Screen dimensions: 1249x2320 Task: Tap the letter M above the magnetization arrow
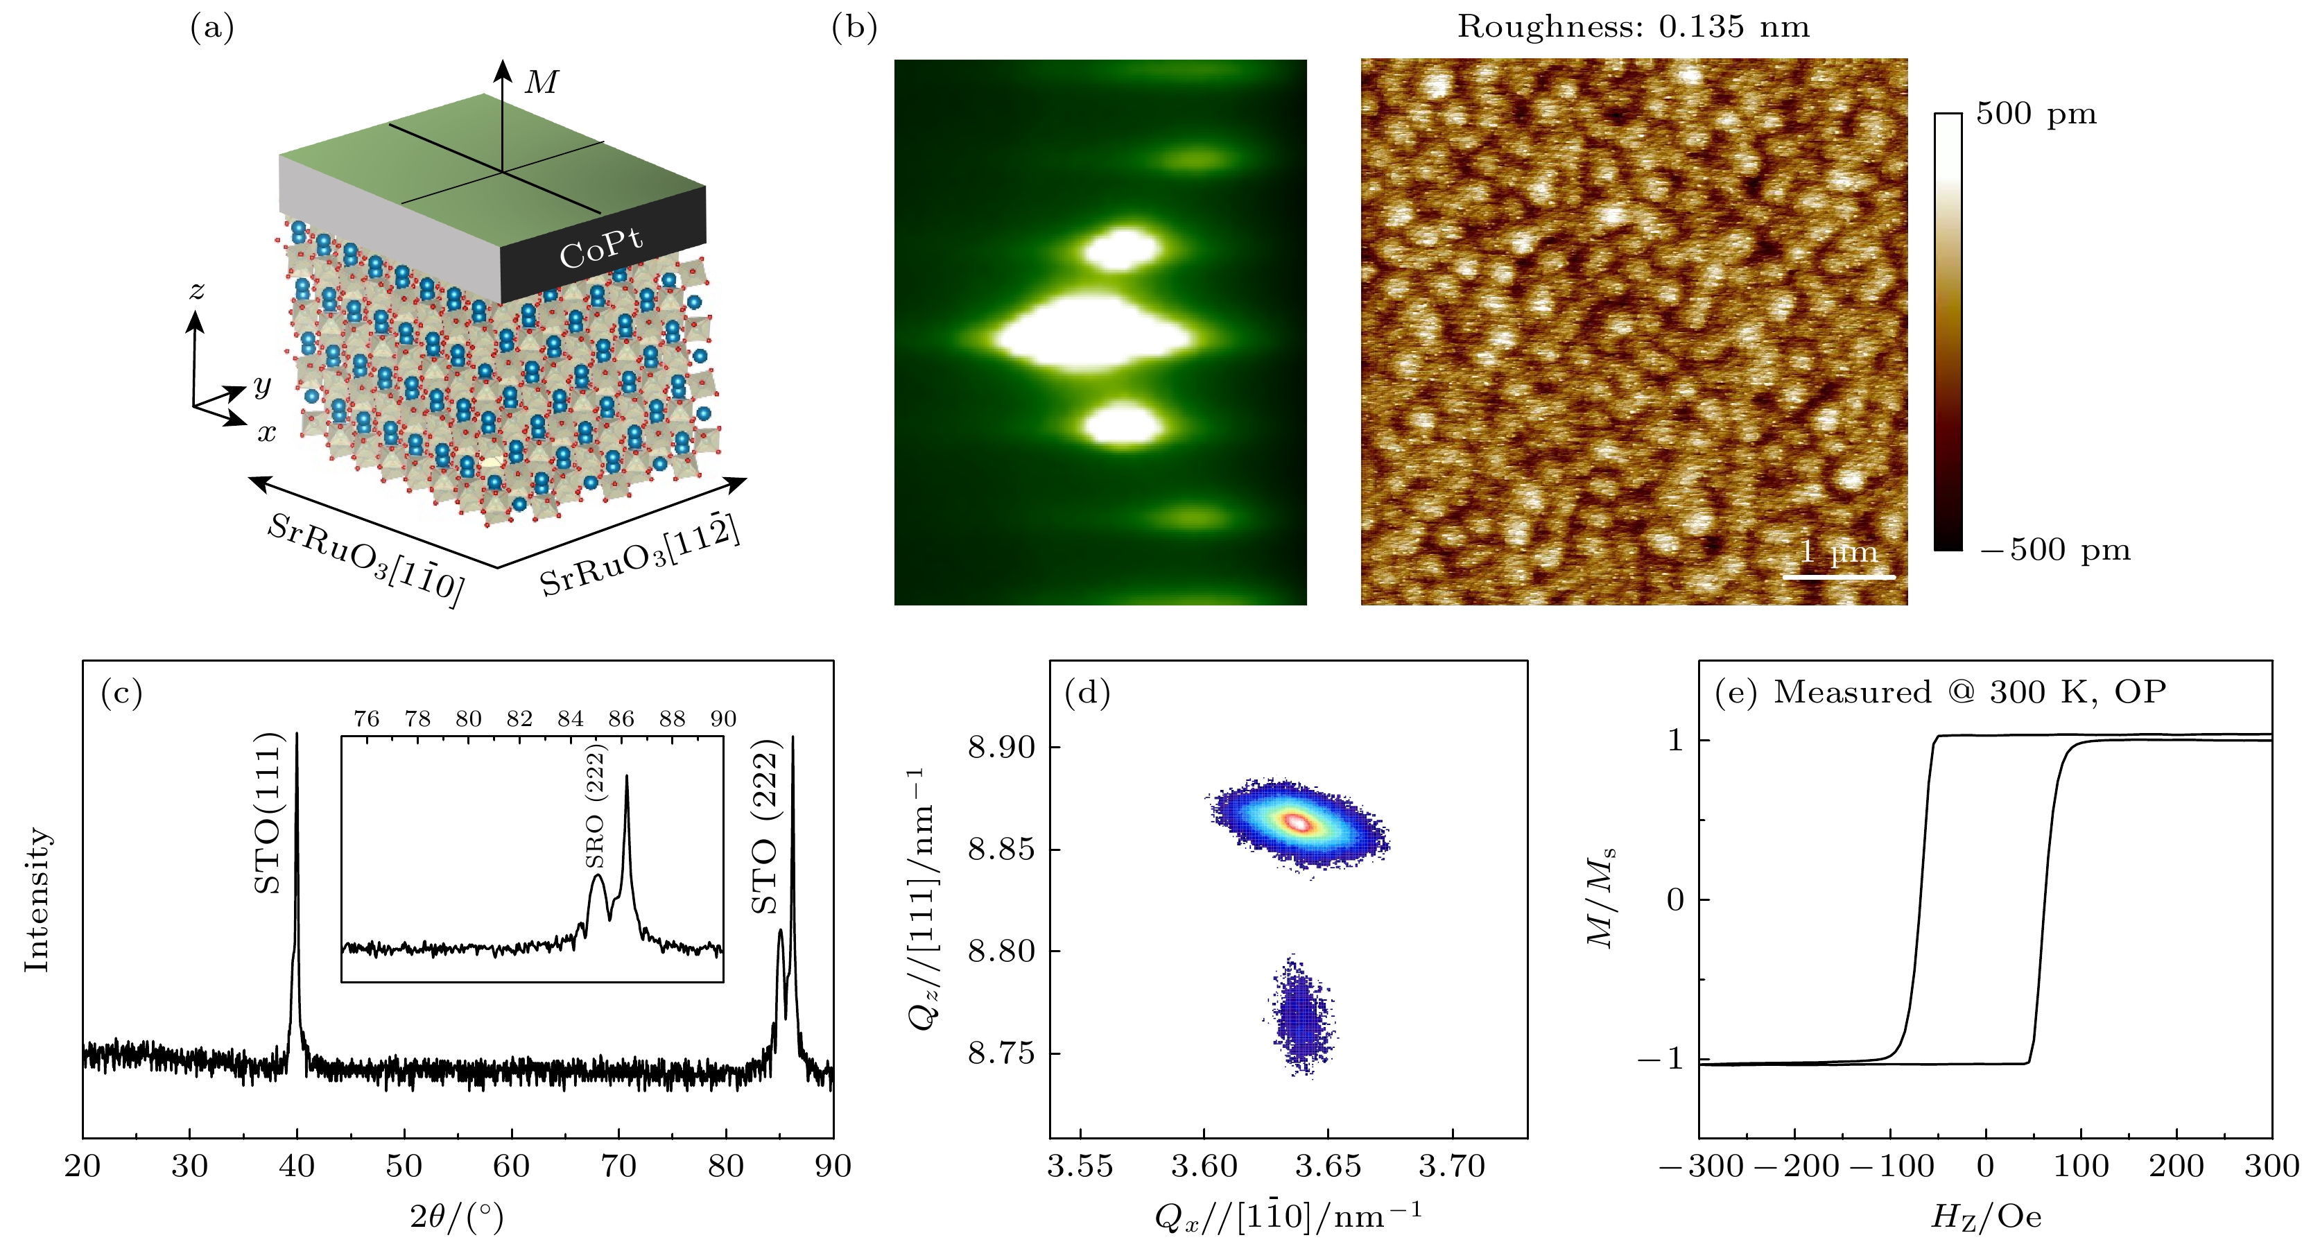pyautogui.click(x=542, y=83)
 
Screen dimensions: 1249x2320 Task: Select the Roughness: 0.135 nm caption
pyautogui.click(x=1633, y=27)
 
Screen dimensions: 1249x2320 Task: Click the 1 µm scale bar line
pyautogui.click(x=1838, y=576)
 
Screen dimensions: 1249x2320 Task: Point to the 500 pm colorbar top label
pyautogui.click(x=2036, y=114)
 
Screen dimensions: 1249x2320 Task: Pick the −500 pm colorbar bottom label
pyautogui.click(x=2055, y=549)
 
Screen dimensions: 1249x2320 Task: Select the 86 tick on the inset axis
pyautogui.click(x=621, y=718)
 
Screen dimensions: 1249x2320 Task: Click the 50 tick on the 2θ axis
pyautogui.click(x=404, y=1166)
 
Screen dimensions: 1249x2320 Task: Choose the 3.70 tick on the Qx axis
pyautogui.click(x=1452, y=1166)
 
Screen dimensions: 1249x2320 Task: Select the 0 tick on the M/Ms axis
pyautogui.click(x=1675, y=899)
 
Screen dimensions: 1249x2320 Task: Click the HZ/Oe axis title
pyautogui.click(x=1985, y=1216)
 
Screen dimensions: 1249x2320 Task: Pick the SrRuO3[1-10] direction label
pyautogui.click(x=365, y=559)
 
